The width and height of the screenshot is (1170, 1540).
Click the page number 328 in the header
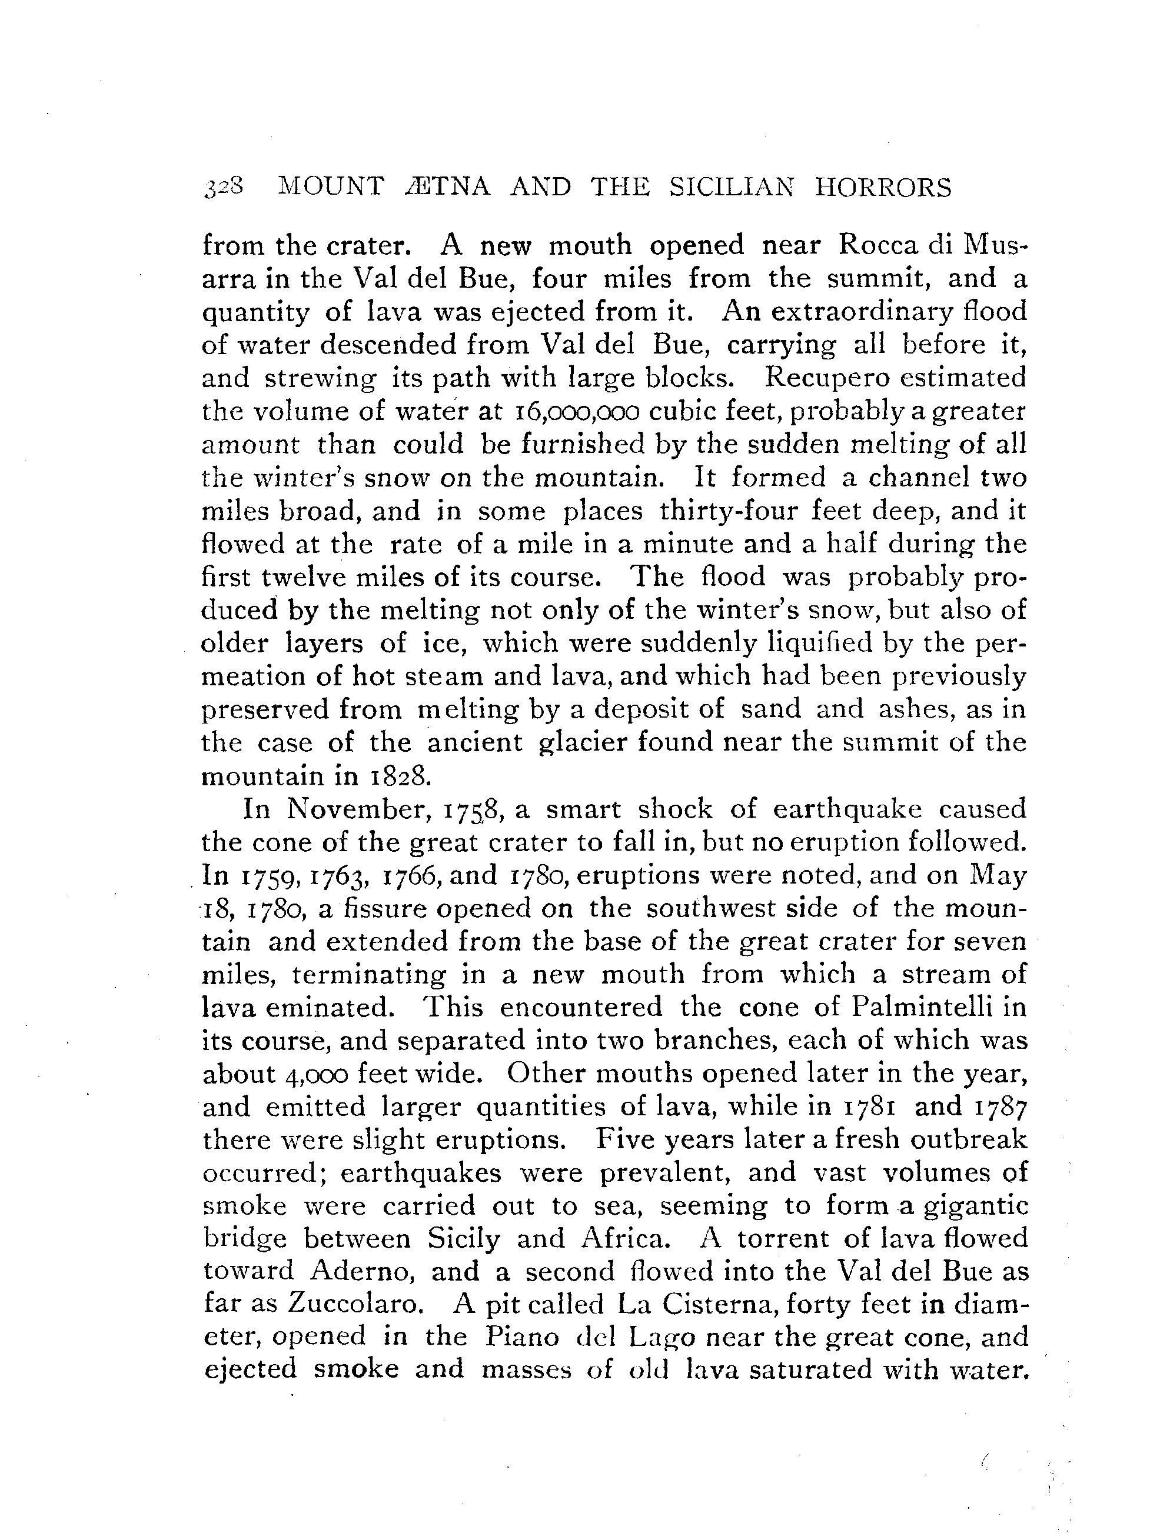[224, 188]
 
